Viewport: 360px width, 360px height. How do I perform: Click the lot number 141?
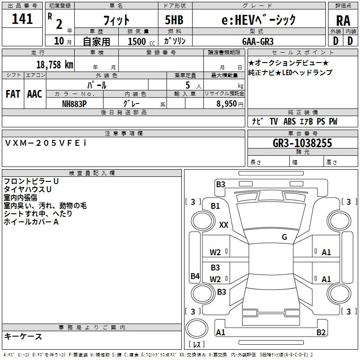[x=22, y=19]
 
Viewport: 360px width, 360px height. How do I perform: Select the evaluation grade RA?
[x=343, y=20]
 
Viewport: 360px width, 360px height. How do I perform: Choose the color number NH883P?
[x=75, y=103]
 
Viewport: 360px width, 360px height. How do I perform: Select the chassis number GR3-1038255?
[x=302, y=143]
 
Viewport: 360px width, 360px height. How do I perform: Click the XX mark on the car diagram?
[x=224, y=225]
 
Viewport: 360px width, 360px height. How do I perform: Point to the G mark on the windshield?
[x=284, y=237]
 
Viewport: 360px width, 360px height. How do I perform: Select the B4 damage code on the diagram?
[x=195, y=276]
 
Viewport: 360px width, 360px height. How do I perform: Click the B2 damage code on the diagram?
[x=321, y=333]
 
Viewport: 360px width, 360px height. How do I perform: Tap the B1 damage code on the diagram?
[x=216, y=206]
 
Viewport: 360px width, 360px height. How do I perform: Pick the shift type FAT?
[x=13, y=94]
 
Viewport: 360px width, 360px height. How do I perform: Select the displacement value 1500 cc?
[x=140, y=41]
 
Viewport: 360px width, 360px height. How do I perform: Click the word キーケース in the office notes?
[x=23, y=336]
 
